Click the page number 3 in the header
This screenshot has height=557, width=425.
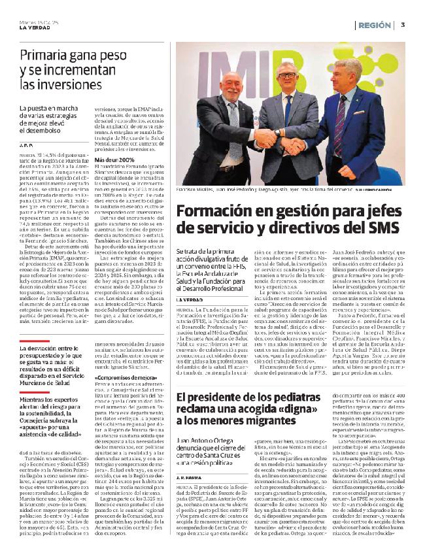pos(404,24)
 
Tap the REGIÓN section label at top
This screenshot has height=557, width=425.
pos(377,25)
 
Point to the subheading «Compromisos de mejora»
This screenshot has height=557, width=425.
pos(122,378)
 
